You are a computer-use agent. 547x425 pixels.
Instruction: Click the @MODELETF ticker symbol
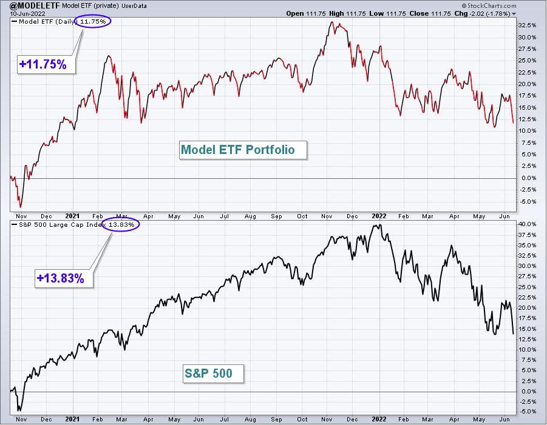click(35, 5)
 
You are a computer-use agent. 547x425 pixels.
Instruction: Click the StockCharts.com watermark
click(489, 5)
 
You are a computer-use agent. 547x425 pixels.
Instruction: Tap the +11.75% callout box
click(46, 64)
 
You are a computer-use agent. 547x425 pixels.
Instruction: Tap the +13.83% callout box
click(64, 278)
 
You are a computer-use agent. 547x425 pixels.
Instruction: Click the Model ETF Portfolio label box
click(243, 150)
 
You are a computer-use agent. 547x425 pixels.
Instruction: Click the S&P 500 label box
click(213, 373)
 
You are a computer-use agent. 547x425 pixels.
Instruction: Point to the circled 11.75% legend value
click(93, 22)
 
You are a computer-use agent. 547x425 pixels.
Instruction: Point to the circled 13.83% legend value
click(121, 225)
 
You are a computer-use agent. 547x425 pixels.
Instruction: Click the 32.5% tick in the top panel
click(527, 25)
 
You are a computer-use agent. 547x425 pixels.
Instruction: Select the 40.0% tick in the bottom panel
click(527, 224)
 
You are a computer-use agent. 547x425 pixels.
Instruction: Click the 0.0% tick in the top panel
click(529, 178)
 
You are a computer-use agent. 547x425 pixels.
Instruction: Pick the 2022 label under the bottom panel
click(379, 419)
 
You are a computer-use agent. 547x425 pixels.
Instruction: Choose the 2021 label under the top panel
click(72, 216)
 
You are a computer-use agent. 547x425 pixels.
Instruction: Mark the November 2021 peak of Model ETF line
click(331, 22)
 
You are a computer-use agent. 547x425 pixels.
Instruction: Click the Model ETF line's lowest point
click(21, 207)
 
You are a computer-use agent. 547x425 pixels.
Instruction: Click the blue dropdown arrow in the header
click(514, 14)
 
